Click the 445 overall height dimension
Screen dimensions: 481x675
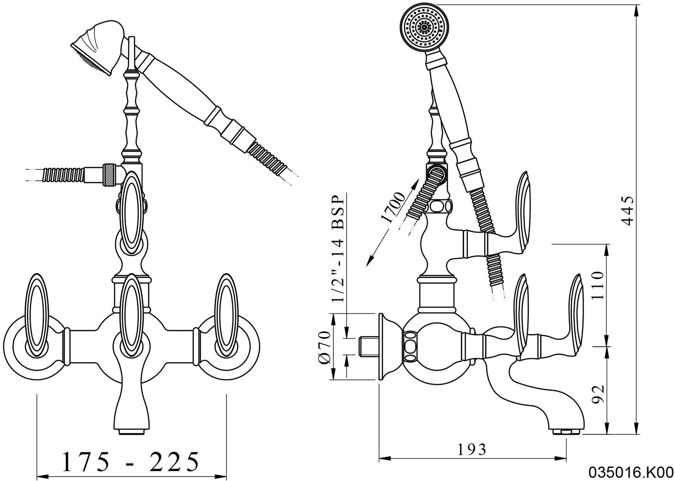pyautogui.click(x=627, y=211)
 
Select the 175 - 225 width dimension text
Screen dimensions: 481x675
pyautogui.click(x=131, y=462)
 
